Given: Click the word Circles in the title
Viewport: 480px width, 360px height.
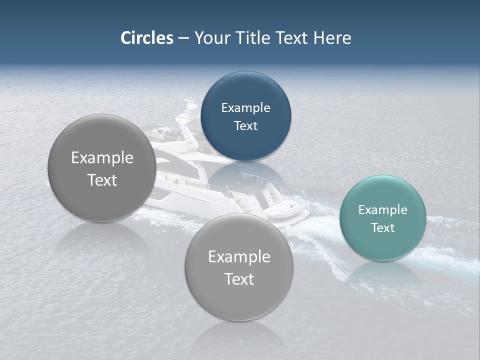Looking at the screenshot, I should pos(146,38).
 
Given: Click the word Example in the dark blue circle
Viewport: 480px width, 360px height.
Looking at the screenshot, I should pos(245,108).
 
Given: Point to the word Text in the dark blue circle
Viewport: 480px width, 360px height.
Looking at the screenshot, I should pos(245,126).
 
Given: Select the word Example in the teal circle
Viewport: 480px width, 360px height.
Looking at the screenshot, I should pos(382,210).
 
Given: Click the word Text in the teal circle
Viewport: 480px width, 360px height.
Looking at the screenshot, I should pos(382,228).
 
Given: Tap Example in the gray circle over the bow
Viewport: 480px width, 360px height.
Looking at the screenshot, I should pos(102,158).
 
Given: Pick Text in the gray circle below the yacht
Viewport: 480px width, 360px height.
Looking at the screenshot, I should pos(239,279).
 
